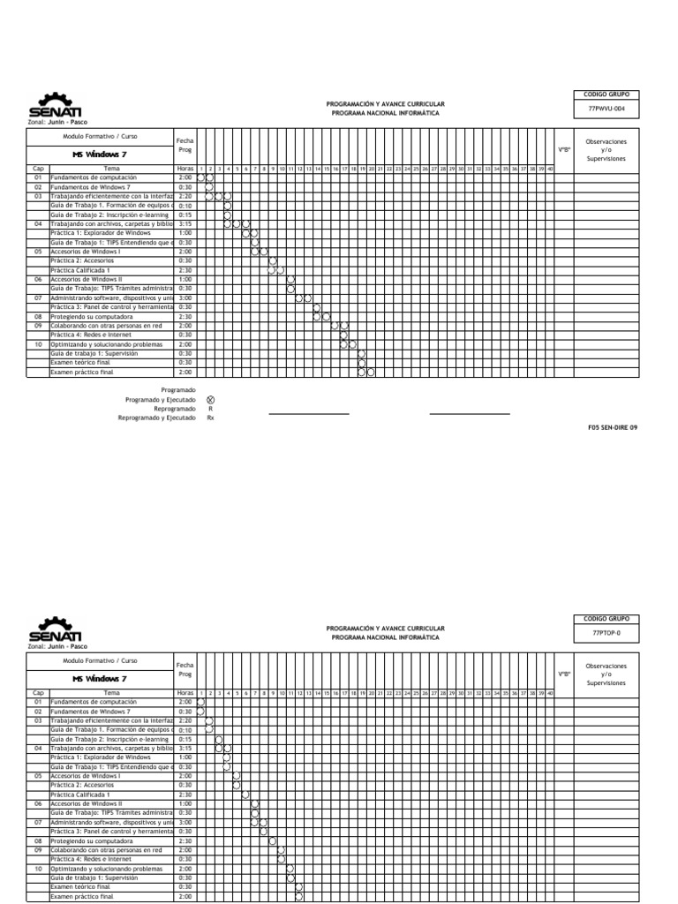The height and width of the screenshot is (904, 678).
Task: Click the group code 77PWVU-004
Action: click(606, 108)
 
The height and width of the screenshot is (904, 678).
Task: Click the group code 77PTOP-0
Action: click(606, 633)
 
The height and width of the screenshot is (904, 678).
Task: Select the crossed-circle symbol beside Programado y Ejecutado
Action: click(210, 399)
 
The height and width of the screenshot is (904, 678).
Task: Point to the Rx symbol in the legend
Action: click(210, 418)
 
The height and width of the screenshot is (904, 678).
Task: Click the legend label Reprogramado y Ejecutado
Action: click(157, 418)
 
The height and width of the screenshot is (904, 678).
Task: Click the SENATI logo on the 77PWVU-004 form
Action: click(55, 106)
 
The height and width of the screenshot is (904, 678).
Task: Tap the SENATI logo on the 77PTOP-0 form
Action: click(55, 630)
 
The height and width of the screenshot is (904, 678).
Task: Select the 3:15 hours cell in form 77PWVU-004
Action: click(185, 223)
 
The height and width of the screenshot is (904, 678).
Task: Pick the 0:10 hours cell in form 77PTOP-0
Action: click(185, 730)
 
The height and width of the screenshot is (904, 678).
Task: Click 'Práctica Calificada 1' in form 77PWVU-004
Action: click(80, 270)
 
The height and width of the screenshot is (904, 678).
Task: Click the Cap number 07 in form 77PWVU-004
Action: click(38, 298)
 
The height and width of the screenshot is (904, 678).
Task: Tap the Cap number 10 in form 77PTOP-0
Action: click(38, 869)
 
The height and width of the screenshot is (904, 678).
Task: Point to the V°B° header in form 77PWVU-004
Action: click(564, 149)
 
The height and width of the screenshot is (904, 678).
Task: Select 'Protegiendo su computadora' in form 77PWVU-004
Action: click(92, 316)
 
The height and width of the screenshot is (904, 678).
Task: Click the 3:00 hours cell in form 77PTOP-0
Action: click(185, 822)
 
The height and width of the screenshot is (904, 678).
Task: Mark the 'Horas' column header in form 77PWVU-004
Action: click(185, 168)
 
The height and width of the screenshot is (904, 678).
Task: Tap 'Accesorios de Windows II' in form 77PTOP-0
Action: click(87, 803)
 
